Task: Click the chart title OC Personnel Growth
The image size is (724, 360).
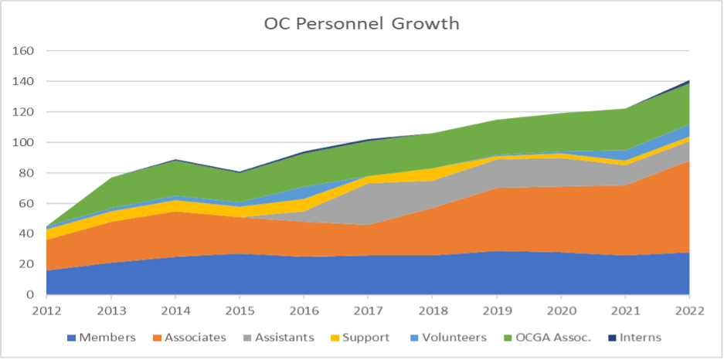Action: click(x=362, y=23)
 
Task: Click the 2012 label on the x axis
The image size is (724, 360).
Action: click(x=46, y=310)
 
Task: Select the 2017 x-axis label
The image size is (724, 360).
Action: click(x=367, y=310)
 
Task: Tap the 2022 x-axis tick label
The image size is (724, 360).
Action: click(x=688, y=310)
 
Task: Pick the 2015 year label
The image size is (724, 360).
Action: click(x=239, y=310)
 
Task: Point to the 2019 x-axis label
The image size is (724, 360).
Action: click(x=495, y=310)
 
